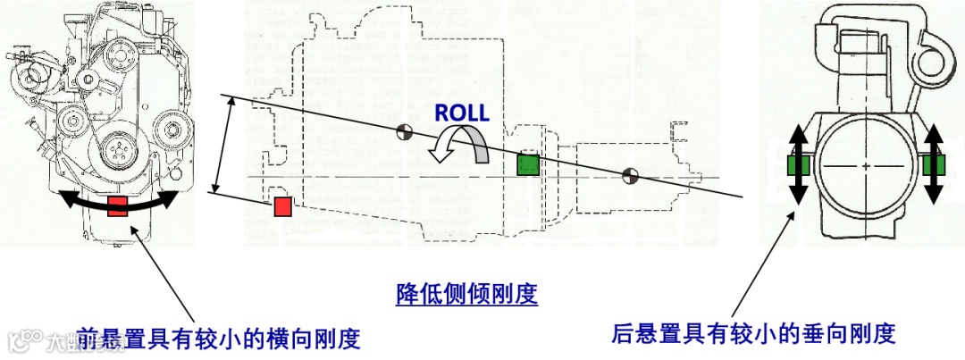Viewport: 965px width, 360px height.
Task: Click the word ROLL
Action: (x=461, y=113)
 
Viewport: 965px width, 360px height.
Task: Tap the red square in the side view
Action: (x=282, y=207)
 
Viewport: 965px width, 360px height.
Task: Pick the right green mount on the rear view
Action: (x=934, y=166)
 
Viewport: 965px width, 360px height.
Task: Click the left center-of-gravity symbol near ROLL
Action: (x=403, y=131)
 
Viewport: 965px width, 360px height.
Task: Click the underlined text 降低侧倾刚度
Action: (x=466, y=294)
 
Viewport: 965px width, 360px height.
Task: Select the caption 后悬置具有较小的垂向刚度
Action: (x=753, y=334)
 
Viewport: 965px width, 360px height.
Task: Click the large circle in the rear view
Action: (x=866, y=166)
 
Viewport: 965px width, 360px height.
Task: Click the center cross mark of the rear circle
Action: (x=866, y=166)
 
